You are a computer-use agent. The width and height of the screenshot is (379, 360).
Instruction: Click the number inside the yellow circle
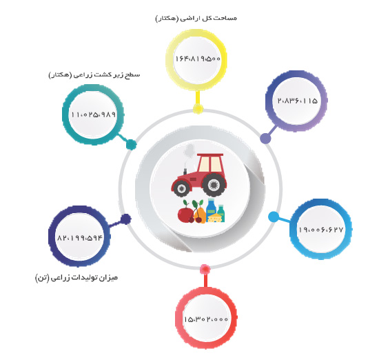pos(198,59)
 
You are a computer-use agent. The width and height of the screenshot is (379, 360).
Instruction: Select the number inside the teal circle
pos(93,114)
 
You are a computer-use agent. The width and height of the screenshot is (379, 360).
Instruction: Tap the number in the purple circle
pos(297,101)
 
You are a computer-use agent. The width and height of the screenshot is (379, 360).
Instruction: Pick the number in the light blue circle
pos(320,230)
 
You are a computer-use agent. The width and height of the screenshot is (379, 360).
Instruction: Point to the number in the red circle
pos(206,319)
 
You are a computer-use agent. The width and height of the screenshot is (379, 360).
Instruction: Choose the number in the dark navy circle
pos(80,238)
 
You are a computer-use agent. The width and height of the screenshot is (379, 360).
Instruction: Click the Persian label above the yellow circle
pos(196,19)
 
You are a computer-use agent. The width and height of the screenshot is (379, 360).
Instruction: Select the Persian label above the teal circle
pos(94,74)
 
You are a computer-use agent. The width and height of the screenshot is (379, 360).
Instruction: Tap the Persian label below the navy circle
pos(76,278)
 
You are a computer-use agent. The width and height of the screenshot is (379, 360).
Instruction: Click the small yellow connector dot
pos(198,109)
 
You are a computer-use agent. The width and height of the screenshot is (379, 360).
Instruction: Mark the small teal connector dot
pos(131,145)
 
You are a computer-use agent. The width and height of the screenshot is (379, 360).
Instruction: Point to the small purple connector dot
pos(265,139)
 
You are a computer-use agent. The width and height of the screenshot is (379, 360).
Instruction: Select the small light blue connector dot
pos(274,217)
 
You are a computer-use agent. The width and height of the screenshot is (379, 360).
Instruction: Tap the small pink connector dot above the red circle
pos(205,269)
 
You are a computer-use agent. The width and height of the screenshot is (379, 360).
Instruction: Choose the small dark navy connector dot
pos(126,219)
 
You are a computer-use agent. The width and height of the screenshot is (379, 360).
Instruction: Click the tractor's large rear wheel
pos(214,185)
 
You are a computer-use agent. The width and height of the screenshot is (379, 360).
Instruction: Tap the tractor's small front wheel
pos(181,189)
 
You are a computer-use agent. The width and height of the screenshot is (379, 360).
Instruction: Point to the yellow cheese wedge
pos(216,217)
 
